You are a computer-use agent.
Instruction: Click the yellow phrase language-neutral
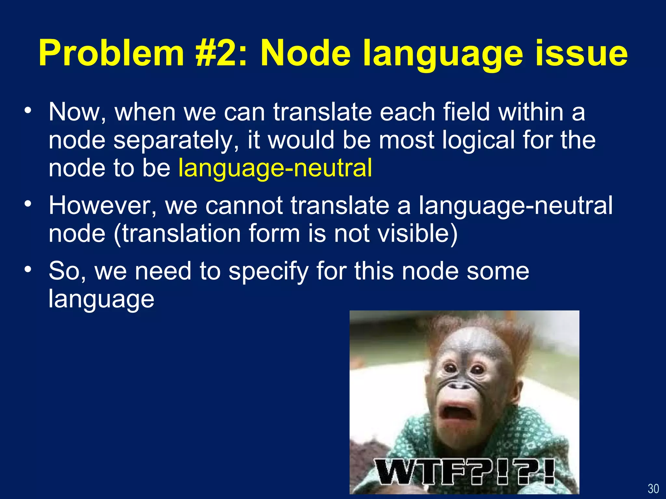[x=275, y=168]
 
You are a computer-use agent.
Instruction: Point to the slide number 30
[x=653, y=489]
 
